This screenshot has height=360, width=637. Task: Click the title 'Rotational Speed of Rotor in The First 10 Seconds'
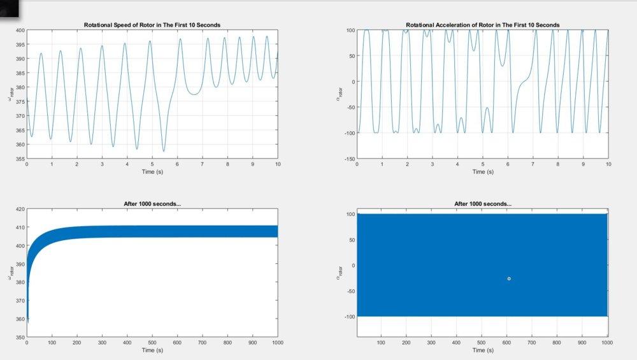pos(152,25)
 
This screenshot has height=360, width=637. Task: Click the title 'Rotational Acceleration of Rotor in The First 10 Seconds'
pos(482,25)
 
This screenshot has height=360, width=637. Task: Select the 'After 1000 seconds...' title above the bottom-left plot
pos(152,204)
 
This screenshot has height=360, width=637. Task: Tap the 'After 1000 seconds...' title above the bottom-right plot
pos(482,204)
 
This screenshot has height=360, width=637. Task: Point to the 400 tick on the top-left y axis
pos(20,30)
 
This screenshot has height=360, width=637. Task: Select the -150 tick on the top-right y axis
pos(348,158)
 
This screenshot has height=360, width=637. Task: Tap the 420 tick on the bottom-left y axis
pos(20,209)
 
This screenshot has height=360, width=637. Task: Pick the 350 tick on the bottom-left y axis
pos(20,337)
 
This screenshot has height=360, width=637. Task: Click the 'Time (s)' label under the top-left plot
pos(152,172)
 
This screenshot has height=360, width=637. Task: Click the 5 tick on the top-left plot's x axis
pos(152,164)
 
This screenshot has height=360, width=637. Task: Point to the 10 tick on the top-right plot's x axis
pos(608,164)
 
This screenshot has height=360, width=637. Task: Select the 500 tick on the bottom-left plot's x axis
pos(152,343)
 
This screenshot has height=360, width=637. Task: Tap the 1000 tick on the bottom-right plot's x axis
pos(606,343)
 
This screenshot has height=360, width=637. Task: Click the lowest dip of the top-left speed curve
pos(164,151)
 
